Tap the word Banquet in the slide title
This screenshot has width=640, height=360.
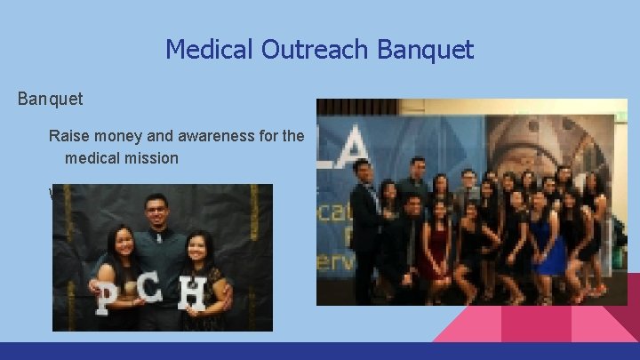point(425,49)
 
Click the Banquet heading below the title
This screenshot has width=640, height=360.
point(51,98)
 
